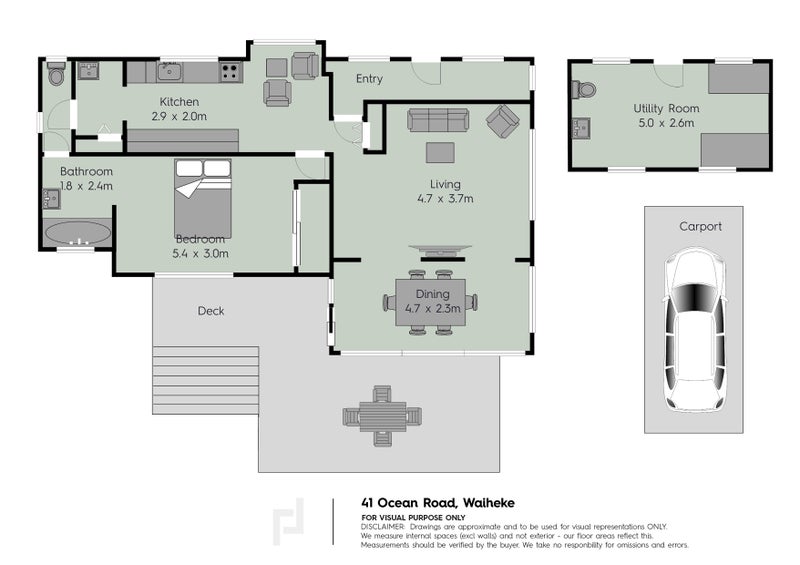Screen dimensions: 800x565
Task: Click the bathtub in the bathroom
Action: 78,234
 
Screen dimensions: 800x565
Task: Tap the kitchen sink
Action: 169,72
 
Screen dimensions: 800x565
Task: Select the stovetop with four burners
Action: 231,72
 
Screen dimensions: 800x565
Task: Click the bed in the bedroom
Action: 203,199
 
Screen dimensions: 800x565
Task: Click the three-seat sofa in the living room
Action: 438,119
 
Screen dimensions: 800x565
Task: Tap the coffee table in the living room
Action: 440,152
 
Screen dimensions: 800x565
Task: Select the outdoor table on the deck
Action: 382,416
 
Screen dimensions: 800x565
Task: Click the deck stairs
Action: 206,380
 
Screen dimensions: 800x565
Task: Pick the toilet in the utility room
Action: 584,90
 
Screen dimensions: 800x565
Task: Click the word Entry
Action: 369,79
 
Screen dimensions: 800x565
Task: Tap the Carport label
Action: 701,226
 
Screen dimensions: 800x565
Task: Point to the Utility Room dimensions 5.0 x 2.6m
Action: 666,123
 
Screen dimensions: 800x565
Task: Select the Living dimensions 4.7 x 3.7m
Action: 445,199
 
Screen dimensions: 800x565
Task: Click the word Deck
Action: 211,311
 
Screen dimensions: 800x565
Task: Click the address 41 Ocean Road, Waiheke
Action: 438,503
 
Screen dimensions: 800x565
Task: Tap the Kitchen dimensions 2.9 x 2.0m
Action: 179,116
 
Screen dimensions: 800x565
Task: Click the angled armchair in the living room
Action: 503,121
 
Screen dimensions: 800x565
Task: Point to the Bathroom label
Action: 86,171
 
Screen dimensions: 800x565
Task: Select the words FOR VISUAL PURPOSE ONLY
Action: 413,518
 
